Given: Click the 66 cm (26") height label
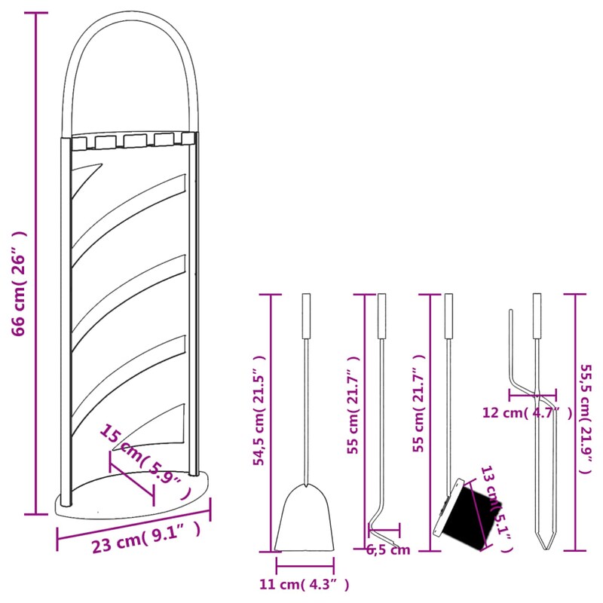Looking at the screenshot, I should pos(20,283).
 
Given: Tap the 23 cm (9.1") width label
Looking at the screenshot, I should pos(146,537).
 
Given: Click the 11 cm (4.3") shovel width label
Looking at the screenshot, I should pos(304,583).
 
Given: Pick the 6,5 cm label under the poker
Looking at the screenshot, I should pos(388,549).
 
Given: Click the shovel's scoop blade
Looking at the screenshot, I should pos(305,520).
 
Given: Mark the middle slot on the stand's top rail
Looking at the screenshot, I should pos(135,140).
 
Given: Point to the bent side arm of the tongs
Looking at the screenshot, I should pos(512,354).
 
